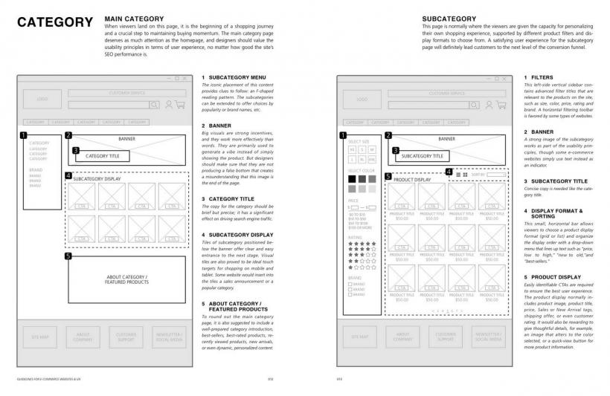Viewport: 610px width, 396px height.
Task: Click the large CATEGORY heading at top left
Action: pyautogui.click(x=56, y=22)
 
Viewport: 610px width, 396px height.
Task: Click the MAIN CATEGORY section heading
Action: pyautogui.click(x=135, y=18)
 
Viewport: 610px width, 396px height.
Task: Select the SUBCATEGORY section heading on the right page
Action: pyautogui.click(x=449, y=18)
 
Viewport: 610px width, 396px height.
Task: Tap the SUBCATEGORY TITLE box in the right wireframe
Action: pyautogui.click(x=422, y=156)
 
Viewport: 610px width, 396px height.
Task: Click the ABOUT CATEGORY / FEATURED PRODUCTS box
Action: pyautogui.click(x=126, y=279)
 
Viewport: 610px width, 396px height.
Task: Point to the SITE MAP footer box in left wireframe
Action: pyautogui.click(x=39, y=337)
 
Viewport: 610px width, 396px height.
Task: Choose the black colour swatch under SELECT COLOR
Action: pyautogui.click(x=352, y=179)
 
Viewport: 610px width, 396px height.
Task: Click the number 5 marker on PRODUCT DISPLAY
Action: pyautogui.click(x=388, y=177)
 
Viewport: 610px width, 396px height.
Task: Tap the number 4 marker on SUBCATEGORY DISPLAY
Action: pyautogui.click(x=68, y=176)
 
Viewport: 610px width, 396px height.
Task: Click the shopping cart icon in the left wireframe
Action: pyautogui.click(x=180, y=106)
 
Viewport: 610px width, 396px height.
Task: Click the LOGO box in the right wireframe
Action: pyautogui.click(x=362, y=99)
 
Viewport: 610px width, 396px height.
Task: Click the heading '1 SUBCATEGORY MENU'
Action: pyautogui.click(x=233, y=77)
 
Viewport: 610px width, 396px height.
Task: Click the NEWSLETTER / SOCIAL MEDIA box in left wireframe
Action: pyautogui.click(x=168, y=337)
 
